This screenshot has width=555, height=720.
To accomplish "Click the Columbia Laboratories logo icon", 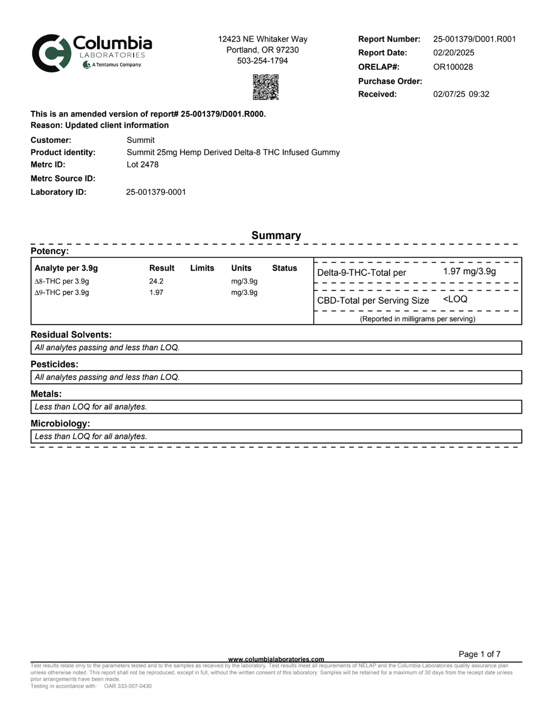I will pyautogui.click(x=51, y=53).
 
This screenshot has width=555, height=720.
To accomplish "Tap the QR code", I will pyautogui.click(x=265, y=87).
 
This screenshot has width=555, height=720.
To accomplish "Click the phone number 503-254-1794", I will pyautogui.click(x=262, y=61).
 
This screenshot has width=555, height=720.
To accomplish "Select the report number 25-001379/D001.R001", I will pyautogui.click(x=474, y=39).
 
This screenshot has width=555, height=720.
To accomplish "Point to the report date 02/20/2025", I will pyautogui.click(x=453, y=53).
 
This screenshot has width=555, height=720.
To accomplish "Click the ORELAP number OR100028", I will pyautogui.click(x=453, y=67).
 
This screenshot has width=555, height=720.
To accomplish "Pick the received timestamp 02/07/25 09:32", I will pyautogui.click(x=461, y=94).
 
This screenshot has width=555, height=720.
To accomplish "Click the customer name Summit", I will pyautogui.click(x=141, y=140).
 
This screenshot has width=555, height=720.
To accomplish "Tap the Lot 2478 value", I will pyautogui.click(x=142, y=164).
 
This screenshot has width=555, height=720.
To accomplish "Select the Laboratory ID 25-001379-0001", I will pyautogui.click(x=156, y=192).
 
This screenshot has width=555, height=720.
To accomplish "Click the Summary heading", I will pyautogui.click(x=276, y=236).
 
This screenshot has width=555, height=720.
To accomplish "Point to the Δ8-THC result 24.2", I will pyautogui.click(x=156, y=281).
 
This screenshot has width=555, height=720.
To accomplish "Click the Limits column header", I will pyautogui.click(x=202, y=268).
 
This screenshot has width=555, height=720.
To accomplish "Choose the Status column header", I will pyautogui.click(x=284, y=268).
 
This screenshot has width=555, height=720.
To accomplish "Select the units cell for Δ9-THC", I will pyautogui.click(x=244, y=292).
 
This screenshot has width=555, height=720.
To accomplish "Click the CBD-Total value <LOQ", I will pyautogui.click(x=455, y=299).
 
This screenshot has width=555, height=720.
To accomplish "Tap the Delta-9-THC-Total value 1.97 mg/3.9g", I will pyautogui.click(x=469, y=271).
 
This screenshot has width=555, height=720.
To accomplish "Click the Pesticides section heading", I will pyautogui.click(x=55, y=364).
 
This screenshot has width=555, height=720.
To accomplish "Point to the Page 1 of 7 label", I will pyautogui.click(x=479, y=654).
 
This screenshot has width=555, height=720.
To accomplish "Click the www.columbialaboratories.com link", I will pyautogui.click(x=276, y=659).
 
